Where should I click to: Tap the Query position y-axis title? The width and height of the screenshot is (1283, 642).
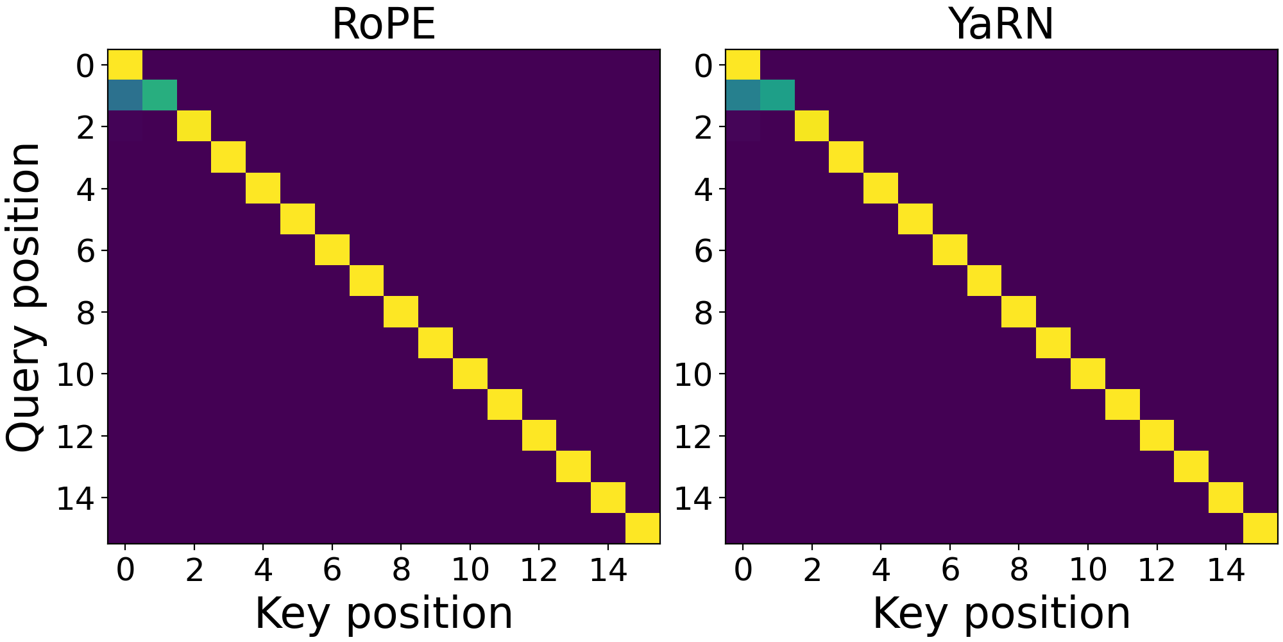click(24, 297)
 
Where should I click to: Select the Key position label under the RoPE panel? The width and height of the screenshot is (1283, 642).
click(384, 613)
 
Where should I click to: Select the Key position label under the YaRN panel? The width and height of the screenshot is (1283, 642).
click(1001, 613)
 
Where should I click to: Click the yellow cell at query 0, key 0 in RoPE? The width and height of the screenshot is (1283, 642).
click(125, 65)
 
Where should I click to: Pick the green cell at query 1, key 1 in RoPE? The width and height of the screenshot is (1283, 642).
click(159, 96)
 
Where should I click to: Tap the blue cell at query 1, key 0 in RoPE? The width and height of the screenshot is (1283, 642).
click(125, 96)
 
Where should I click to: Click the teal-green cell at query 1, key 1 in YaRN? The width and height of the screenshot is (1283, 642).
click(777, 96)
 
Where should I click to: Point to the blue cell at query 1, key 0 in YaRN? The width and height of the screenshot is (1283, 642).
click(743, 96)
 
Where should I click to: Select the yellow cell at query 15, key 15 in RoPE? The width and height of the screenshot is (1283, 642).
click(643, 528)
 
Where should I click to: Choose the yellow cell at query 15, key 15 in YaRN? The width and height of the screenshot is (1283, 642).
click(1261, 528)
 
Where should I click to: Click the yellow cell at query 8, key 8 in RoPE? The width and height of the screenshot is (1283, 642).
click(401, 312)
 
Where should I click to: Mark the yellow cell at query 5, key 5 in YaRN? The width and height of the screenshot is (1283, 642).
click(915, 219)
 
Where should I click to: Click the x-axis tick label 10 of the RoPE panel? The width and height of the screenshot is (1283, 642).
click(470, 569)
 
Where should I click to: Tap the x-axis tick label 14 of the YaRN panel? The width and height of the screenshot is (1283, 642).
click(1225, 569)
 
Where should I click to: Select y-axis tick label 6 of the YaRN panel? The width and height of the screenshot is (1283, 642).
click(704, 251)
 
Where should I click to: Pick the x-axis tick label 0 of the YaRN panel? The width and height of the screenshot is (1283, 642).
click(743, 569)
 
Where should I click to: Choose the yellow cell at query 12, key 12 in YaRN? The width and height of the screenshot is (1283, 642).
click(1157, 435)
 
